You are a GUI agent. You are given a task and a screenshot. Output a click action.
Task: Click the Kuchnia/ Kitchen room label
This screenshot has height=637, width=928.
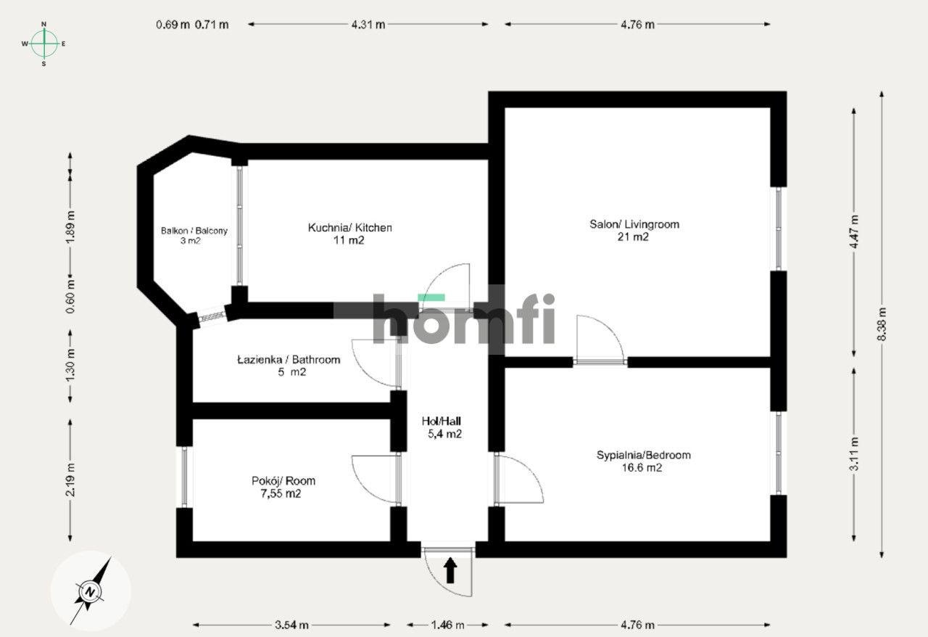pyautogui.click(x=350, y=228)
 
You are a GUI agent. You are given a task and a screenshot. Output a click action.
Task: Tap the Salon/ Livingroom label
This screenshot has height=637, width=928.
pyautogui.click(x=634, y=224)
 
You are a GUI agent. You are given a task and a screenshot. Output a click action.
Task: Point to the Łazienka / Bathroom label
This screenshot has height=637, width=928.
pyautogui.click(x=289, y=360)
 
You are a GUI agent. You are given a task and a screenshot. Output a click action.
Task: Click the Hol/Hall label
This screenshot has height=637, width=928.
pyautogui.click(x=442, y=421)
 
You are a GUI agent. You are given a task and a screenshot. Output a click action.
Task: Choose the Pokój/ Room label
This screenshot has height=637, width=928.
pyautogui.click(x=283, y=481)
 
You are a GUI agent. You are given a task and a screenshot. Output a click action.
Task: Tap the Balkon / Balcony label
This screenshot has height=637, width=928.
pyautogui.click(x=194, y=231)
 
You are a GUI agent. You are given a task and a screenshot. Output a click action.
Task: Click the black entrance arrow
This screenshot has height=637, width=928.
pyautogui.click(x=450, y=570)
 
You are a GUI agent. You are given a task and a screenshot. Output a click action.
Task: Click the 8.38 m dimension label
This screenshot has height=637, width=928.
pyautogui.click(x=882, y=324)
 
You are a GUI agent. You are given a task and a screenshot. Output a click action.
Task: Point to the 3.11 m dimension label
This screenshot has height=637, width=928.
pyautogui.click(x=855, y=454)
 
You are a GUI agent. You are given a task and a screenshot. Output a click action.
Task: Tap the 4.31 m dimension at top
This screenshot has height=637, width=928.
pyautogui.click(x=368, y=24)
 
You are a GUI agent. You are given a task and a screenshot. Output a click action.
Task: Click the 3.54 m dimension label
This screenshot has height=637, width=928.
pyautogui.click(x=292, y=625)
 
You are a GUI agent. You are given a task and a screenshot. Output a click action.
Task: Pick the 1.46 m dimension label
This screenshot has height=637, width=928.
pyautogui.click(x=447, y=625)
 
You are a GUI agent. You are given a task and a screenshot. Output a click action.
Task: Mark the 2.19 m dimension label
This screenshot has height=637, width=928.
pyautogui.click(x=70, y=480)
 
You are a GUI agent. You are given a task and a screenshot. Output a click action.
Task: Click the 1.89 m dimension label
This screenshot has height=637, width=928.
pyautogui.click(x=70, y=227)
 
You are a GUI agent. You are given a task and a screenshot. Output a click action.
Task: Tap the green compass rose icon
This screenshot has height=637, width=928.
pyautogui.click(x=44, y=44)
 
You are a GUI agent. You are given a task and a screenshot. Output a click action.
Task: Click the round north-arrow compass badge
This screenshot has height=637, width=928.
pyautogui.click(x=91, y=591)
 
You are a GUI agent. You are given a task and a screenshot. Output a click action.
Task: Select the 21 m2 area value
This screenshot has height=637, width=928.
pyautogui.click(x=634, y=237)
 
